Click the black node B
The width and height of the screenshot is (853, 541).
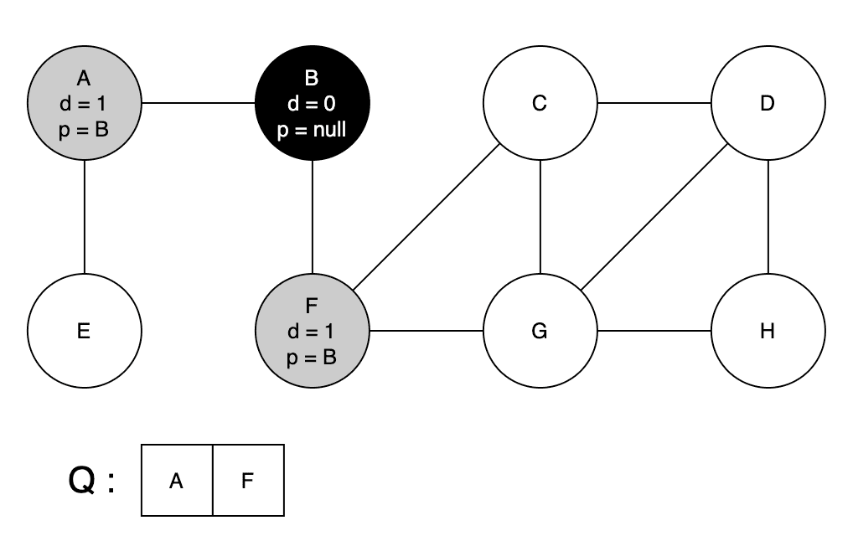tap(312, 104)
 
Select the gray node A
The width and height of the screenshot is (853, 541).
tap(84, 104)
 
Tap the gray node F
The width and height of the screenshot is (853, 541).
tap(312, 331)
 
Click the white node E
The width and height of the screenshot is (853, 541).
tap(84, 331)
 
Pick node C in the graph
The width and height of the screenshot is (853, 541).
tap(540, 104)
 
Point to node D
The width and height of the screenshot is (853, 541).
tap(768, 104)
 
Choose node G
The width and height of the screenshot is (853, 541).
tap(540, 331)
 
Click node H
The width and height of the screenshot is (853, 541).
tap(768, 331)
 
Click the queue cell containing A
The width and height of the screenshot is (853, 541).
tap(177, 481)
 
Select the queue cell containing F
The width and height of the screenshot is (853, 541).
tap(248, 481)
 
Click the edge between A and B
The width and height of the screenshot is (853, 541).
tap(198, 104)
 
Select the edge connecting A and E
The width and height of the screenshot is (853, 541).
tap(84, 218)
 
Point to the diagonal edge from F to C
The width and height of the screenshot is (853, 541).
tap(426, 218)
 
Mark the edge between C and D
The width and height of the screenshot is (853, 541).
tap(654, 104)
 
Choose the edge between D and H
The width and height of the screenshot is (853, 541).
tap(768, 218)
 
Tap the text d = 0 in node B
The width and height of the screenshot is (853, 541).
tap(312, 105)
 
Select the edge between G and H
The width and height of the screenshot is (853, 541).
tap(654, 331)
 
